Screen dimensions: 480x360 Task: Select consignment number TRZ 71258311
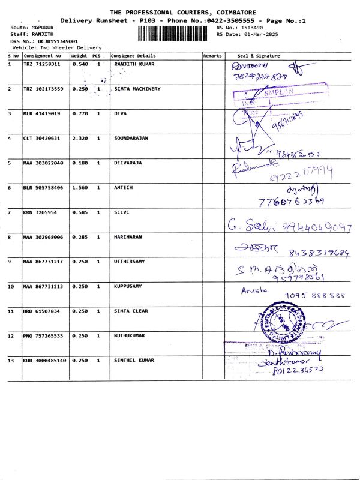click(x=42, y=64)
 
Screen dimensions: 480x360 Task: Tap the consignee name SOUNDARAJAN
click(x=131, y=138)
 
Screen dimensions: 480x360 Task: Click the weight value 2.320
click(x=80, y=138)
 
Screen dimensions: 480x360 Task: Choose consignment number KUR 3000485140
click(x=45, y=360)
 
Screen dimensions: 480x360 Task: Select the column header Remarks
click(x=212, y=56)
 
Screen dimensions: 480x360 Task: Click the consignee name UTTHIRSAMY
click(x=129, y=262)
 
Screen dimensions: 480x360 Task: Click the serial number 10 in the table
click(x=11, y=286)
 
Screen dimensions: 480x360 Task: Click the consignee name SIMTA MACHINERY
click(x=137, y=89)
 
